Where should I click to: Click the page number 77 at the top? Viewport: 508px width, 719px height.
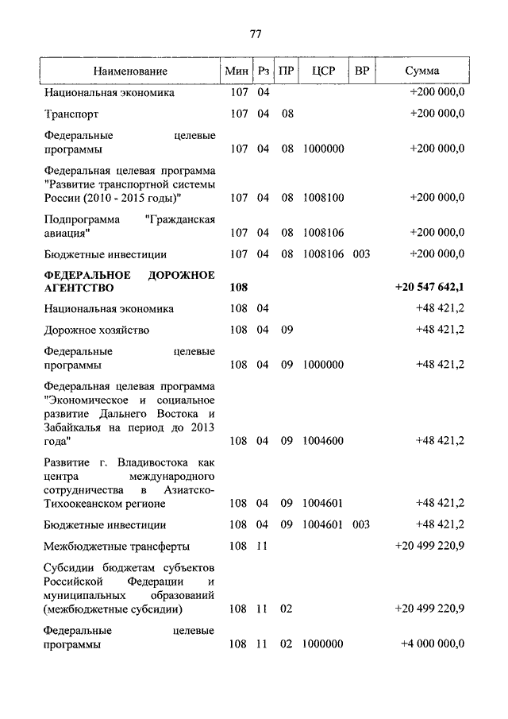(255, 34)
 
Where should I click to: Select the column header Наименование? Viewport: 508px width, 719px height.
(130, 71)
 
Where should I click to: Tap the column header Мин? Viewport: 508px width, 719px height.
(237, 71)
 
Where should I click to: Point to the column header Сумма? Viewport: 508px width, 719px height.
(422, 71)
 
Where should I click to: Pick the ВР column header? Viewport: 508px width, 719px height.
(362, 71)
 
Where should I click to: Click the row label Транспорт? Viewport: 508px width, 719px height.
(71, 114)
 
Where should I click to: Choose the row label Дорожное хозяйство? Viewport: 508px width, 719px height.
(97, 330)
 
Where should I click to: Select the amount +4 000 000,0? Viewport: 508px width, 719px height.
(432, 644)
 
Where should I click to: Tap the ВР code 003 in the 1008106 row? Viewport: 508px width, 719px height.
(361, 254)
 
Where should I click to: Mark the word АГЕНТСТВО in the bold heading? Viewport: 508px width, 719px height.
(79, 288)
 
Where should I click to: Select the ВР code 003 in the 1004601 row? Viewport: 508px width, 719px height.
(361, 524)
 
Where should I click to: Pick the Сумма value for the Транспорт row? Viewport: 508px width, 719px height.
(437, 114)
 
